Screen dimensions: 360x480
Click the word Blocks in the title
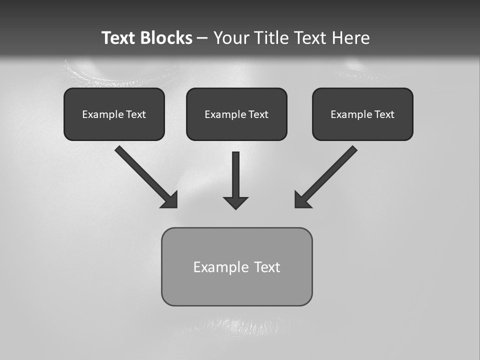pos(167,38)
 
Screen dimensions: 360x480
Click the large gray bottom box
pos(236,287)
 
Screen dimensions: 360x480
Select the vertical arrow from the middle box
pos(236,175)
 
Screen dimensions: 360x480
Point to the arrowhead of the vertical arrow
pos(236,202)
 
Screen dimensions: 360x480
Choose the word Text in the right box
pos(384,114)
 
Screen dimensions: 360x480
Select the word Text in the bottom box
pos(267,267)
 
